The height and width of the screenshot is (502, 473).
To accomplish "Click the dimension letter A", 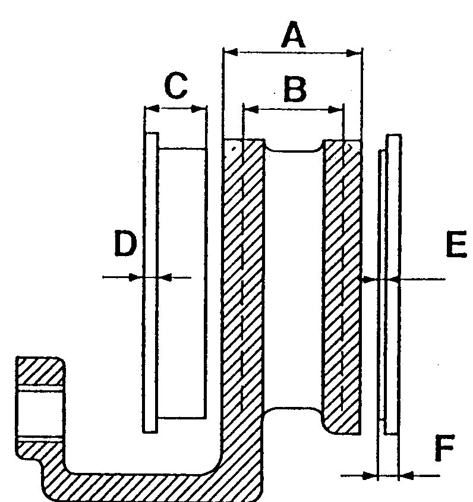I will point(293,37).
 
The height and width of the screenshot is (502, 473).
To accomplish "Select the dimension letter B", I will point(294,90).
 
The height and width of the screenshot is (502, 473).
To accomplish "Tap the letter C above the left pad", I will point(176,87).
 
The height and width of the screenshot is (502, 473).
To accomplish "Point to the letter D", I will point(125,245).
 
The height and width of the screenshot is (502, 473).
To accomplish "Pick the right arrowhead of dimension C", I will point(201,109).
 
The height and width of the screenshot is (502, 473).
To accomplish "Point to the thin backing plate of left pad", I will point(152,282).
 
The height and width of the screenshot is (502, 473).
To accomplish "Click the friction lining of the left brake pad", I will point(182,282).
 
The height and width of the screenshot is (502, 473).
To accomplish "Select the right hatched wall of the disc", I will point(342,285).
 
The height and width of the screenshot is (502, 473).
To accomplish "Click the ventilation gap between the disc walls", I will point(294,279).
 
